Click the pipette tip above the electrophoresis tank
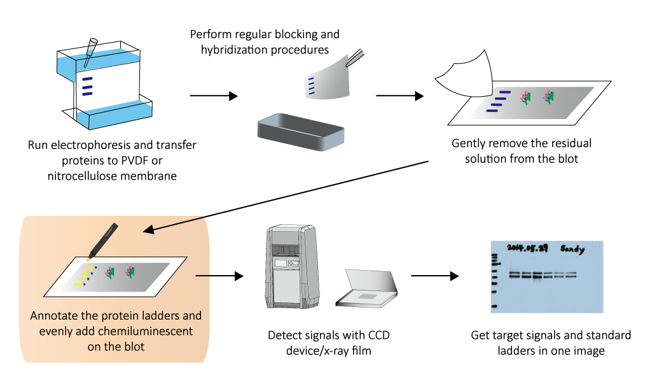point(90,50)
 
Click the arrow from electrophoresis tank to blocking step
point(213,96)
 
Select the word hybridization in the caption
point(226,48)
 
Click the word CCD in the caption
point(384,335)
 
